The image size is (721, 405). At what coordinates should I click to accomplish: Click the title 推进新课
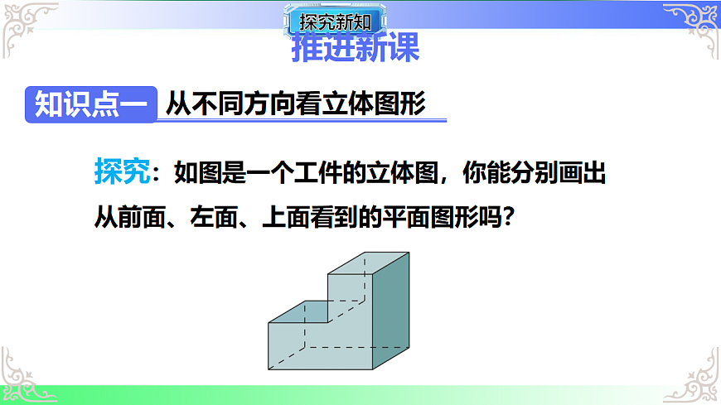[x=356, y=49]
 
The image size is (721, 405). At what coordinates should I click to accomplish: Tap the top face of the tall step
[x=368, y=263]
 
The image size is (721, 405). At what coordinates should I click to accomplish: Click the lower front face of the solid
[x=319, y=346]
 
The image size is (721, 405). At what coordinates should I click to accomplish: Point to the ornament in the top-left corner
[x=25, y=25]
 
